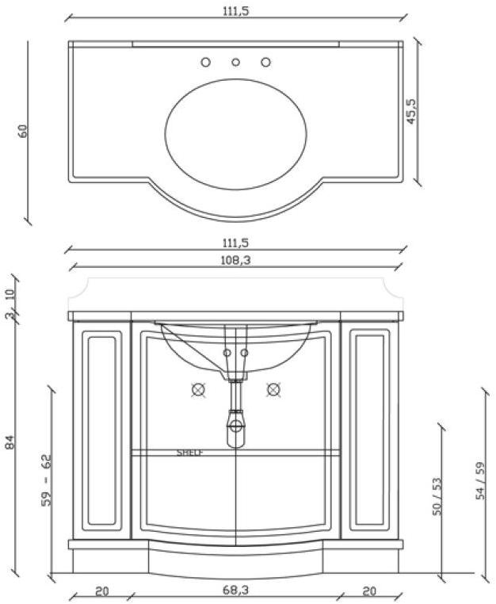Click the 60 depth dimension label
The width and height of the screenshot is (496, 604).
click(x=23, y=130)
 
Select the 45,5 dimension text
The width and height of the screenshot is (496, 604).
click(x=410, y=110)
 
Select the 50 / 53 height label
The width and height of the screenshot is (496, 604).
click(x=436, y=497)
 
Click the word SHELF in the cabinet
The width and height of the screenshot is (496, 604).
click(x=190, y=453)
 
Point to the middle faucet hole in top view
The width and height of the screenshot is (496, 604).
click(x=235, y=62)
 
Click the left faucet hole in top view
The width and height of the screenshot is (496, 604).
click(x=205, y=62)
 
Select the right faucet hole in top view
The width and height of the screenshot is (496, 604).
click(x=265, y=62)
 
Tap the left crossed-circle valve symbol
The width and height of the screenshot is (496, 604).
click(x=198, y=389)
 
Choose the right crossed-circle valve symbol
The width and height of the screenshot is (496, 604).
click(x=273, y=389)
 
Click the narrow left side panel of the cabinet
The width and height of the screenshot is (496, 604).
click(x=102, y=429)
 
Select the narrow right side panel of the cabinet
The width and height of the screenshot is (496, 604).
click(x=368, y=429)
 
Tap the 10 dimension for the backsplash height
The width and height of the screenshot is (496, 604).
click(x=10, y=294)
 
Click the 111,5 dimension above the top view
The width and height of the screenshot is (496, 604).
click(x=235, y=12)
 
